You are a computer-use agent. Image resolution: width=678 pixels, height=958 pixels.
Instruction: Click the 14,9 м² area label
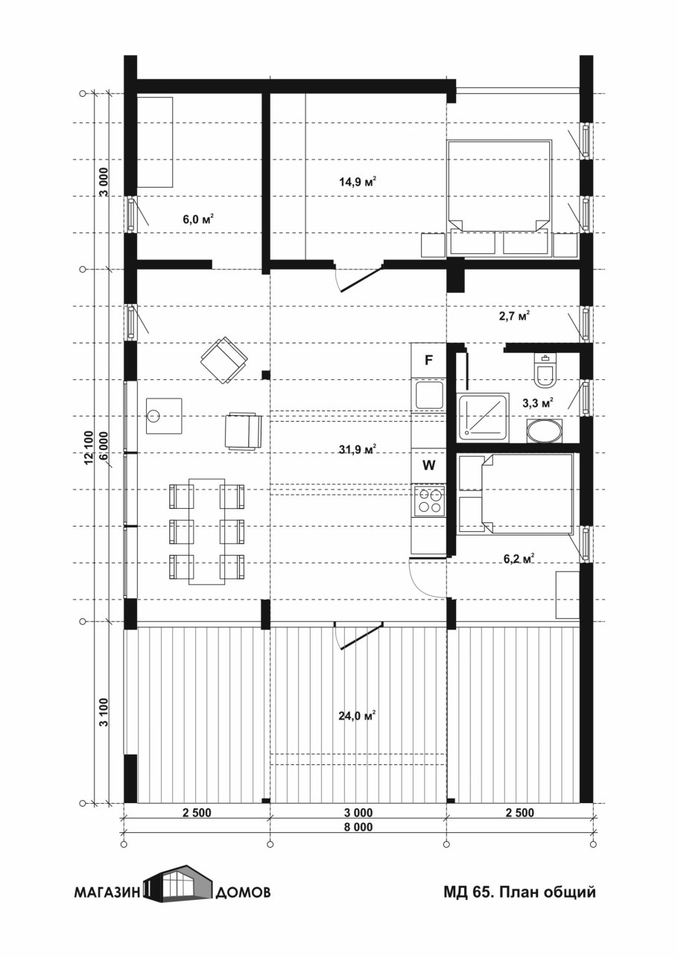[358, 182]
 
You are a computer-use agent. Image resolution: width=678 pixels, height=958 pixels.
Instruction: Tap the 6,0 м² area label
[198, 220]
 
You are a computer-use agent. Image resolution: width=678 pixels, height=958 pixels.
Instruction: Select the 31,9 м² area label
[358, 449]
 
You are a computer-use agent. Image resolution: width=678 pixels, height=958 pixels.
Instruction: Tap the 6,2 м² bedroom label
[519, 559]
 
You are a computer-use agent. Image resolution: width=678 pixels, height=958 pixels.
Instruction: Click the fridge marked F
[428, 360]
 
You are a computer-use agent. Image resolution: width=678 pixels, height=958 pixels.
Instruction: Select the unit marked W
[428, 466]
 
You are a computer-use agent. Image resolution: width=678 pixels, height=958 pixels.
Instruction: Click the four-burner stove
[428, 501]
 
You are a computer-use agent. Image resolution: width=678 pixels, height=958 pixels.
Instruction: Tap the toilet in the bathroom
[545, 371]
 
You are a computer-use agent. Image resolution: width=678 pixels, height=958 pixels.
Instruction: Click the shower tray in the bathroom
[483, 417]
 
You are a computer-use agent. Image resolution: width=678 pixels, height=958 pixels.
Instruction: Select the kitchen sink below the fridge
[428, 395]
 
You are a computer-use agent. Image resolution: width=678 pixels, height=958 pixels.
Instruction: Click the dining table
[207, 531]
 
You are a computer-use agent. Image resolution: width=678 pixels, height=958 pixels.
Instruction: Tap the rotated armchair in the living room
[224, 360]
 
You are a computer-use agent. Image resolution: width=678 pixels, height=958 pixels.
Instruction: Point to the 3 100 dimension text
[104, 711]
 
